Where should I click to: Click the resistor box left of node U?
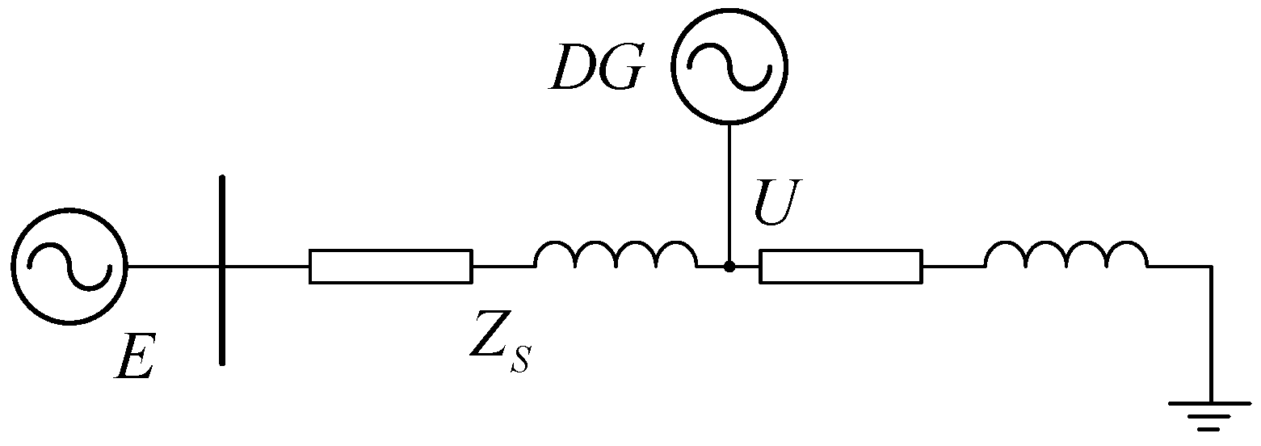pyautogui.click(x=390, y=267)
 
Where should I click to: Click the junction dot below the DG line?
pyautogui.click(x=729, y=267)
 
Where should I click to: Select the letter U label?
pyautogui.click(x=776, y=205)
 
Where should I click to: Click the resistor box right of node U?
pyautogui.click(x=840, y=267)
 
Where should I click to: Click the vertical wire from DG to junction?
pyautogui.click(x=729, y=194)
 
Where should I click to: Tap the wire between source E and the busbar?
pyautogui.click(x=173, y=267)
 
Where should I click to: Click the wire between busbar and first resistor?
pyautogui.click(x=267, y=267)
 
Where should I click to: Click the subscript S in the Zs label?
pyautogui.click(x=519, y=361)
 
